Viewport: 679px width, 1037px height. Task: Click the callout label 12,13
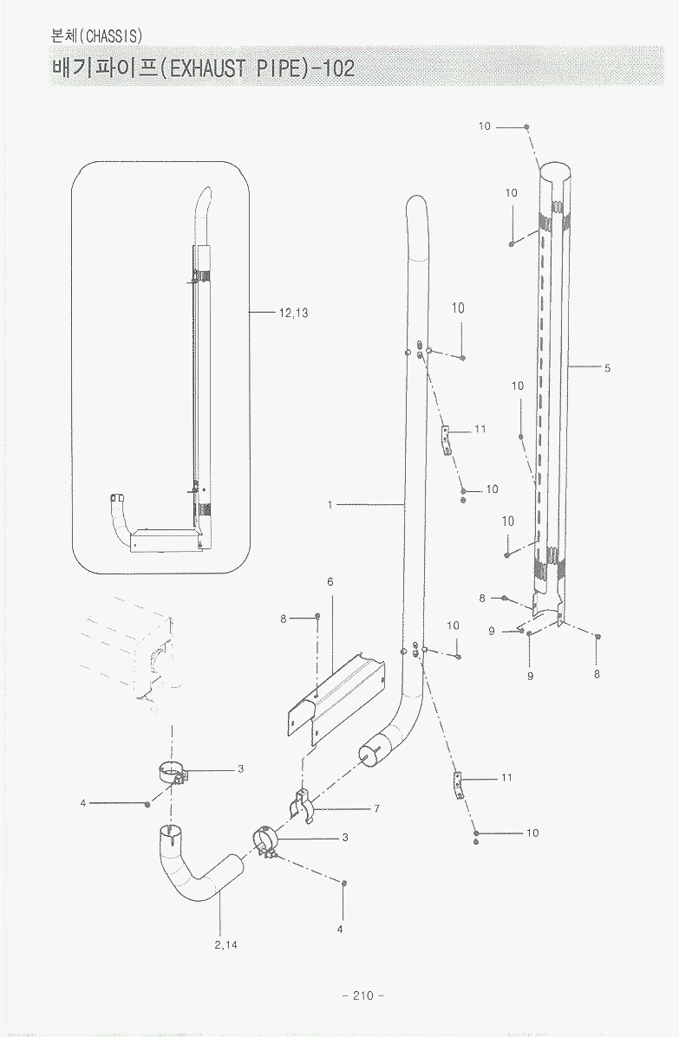pyautogui.click(x=294, y=314)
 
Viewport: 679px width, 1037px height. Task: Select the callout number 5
pyautogui.click(x=608, y=368)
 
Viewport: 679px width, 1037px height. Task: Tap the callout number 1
pyautogui.click(x=330, y=504)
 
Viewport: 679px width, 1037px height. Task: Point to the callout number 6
pyautogui.click(x=330, y=581)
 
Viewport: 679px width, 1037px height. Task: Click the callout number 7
pyautogui.click(x=377, y=808)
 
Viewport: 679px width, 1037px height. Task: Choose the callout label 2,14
pyautogui.click(x=225, y=944)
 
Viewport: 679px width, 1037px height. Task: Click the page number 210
pyautogui.click(x=362, y=995)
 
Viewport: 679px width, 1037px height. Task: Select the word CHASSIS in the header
pyautogui.click(x=112, y=36)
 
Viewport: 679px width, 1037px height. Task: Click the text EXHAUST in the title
pyautogui.click(x=206, y=68)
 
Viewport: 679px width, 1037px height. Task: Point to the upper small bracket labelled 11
pyautogui.click(x=447, y=438)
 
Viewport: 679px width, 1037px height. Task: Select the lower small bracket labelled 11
pyautogui.click(x=456, y=787)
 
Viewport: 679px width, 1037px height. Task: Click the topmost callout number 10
pyautogui.click(x=484, y=126)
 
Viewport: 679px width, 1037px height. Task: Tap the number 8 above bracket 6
pyautogui.click(x=284, y=618)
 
